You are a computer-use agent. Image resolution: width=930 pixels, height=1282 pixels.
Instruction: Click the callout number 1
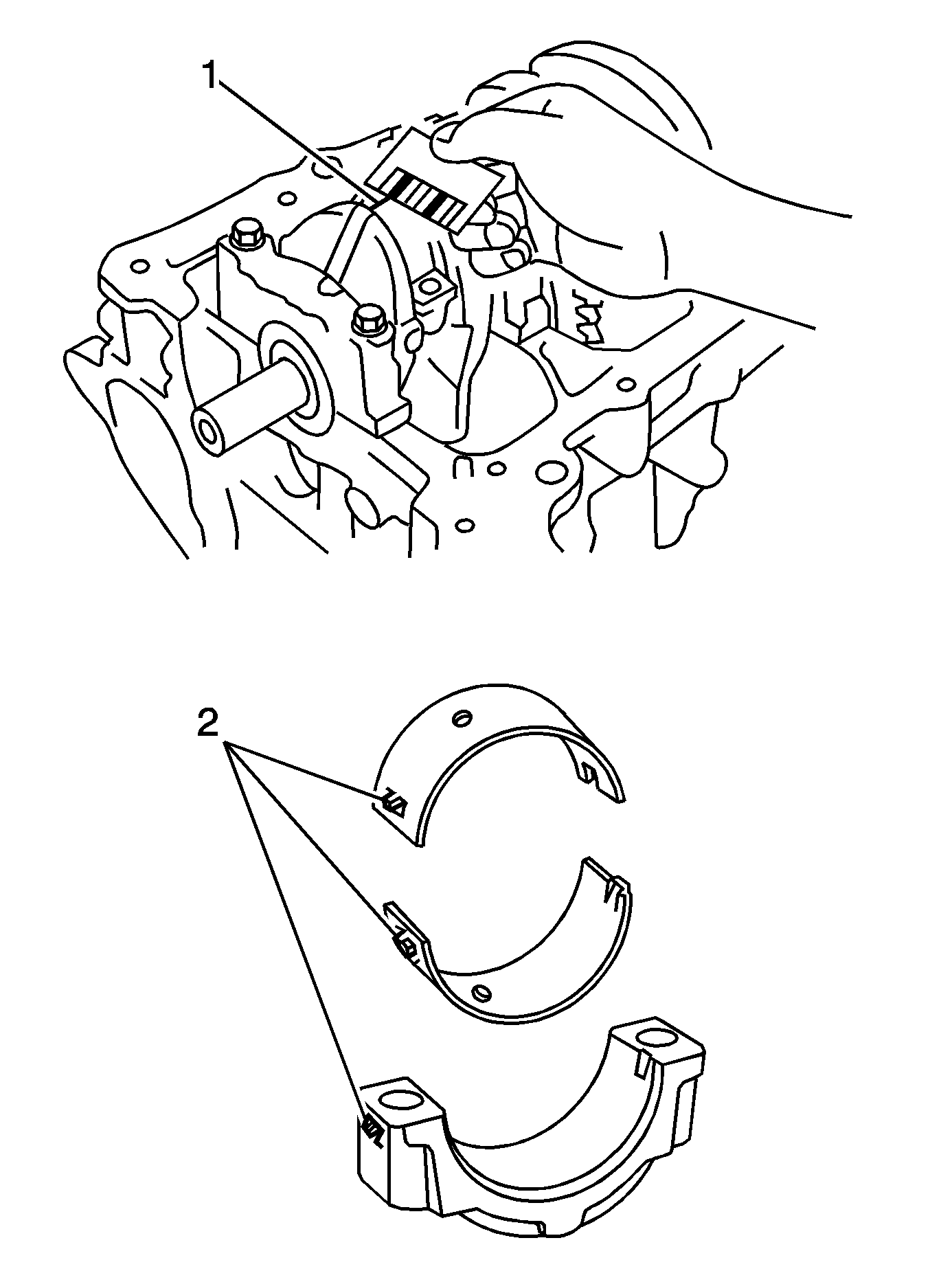coord(210,75)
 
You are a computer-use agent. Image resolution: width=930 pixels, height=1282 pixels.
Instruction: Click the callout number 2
coord(209,726)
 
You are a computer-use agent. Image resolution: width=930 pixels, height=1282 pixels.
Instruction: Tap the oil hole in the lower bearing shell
coord(482,991)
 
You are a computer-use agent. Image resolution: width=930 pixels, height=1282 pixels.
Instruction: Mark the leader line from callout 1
coord(302,144)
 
